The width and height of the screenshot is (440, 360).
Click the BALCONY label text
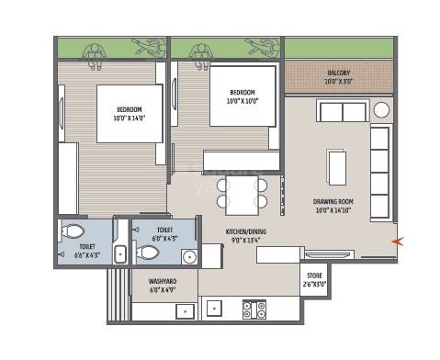pos(339,73)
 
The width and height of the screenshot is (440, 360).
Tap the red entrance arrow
pos(397,242)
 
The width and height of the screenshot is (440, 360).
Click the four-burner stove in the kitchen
pos(254,309)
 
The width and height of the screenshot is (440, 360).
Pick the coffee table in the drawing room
pos(337,166)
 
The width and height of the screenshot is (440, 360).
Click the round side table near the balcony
pos(381,111)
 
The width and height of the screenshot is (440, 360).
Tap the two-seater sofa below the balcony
pos(342,111)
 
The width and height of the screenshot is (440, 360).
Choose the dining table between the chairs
pos(242,194)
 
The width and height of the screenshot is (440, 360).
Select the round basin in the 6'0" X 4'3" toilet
pos(189,256)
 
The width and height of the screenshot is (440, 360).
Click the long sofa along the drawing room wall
pos(379,162)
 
